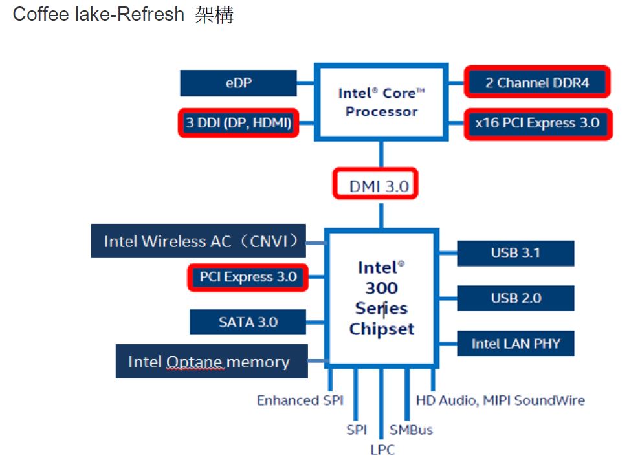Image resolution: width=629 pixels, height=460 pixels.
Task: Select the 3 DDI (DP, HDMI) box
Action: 238,122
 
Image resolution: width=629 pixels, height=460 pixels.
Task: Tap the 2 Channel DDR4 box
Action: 537,83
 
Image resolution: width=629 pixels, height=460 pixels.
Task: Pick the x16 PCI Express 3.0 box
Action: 537,123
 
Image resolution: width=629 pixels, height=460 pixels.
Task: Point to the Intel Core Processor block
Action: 381,102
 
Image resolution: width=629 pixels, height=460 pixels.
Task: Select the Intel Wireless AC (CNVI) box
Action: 198,241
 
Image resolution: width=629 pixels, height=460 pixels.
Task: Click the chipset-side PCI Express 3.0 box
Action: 248,277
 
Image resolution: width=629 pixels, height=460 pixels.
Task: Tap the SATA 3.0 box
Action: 248,322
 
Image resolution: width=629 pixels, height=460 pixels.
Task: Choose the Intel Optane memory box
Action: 212,362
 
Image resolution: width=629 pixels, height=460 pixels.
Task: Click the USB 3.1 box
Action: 515,253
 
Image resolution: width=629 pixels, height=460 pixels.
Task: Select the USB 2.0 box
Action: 515,298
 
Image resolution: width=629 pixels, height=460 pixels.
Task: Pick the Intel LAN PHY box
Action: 515,344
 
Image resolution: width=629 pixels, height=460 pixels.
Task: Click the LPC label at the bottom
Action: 382,450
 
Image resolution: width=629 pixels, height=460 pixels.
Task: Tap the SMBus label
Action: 411,430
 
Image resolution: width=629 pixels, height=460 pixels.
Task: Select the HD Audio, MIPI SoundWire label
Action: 500,400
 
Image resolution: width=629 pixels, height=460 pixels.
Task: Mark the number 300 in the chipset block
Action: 381,288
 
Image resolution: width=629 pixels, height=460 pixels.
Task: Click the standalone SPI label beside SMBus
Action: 357,430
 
